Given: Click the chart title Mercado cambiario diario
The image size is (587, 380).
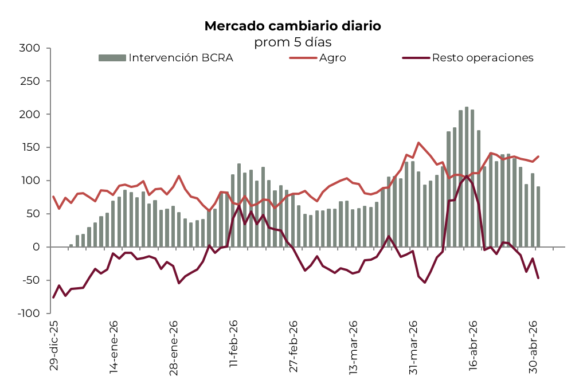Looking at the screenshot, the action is coord(293,26).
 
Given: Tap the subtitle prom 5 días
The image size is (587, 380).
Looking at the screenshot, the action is coord(293,42).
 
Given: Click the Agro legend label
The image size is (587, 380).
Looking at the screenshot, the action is coord(332,58).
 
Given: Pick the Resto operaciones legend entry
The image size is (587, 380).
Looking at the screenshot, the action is coord(483,58).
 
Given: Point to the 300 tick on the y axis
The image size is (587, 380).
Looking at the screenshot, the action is coord(30,48).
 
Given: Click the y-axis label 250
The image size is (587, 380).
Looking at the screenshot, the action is coord(30,81).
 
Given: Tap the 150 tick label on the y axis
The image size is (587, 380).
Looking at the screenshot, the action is coord(30,147).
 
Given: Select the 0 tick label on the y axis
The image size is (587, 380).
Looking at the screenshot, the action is coord(36,247).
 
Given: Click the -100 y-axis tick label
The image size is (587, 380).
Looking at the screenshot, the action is coord(28,314).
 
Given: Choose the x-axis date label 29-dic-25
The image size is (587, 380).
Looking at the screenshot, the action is coord(53,345).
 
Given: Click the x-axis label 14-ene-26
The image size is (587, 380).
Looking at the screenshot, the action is coord(114,347).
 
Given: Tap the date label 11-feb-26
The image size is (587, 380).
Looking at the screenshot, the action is coord(233,343).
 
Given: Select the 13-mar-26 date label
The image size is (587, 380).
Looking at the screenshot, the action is coord(353,347).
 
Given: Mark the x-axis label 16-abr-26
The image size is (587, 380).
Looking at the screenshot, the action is coord(473,345).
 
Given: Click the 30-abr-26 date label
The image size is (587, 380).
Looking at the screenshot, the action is coord(533,347).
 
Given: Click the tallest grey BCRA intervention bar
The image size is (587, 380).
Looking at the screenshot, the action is coord(467,177).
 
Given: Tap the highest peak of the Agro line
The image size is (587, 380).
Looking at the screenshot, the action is coord(418,143).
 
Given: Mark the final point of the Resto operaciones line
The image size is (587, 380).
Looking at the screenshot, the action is coord(538,278).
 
